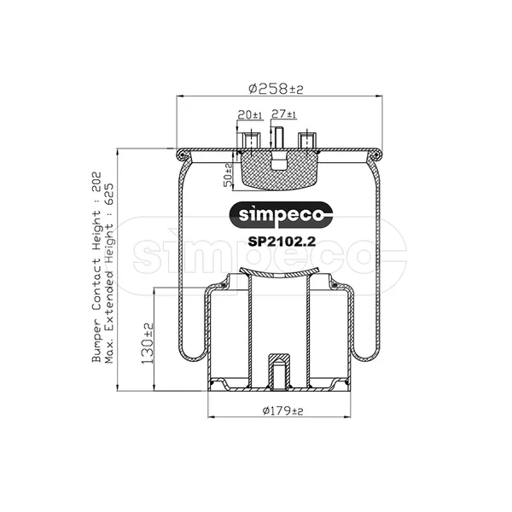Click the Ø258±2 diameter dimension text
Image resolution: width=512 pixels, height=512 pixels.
coord(276,89)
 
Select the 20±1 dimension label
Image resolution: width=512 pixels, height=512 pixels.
coord(250,115)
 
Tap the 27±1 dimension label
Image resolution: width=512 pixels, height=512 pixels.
coord(284,114)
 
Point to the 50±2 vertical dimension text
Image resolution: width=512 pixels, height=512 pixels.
coord(228,175)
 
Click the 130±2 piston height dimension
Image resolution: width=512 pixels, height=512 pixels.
coord(147,344)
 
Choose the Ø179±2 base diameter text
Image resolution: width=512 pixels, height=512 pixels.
coord(282,410)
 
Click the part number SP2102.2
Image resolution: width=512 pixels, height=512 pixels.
coord(282,242)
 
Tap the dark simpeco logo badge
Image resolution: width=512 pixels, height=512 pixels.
coord(281,215)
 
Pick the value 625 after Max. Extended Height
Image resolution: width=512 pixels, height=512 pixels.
coord(109,194)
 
